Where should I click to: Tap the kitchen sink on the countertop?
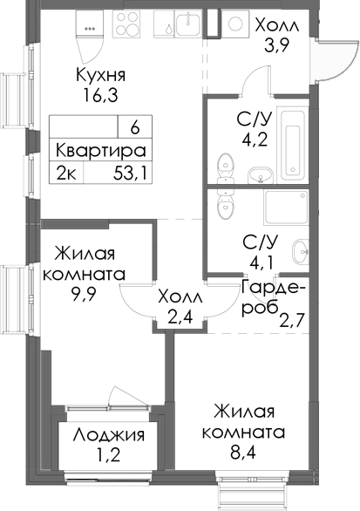point(187,27)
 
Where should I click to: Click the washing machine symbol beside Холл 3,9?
point(234,26)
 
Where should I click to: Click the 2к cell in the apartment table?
point(66,172)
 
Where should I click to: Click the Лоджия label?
point(109,435)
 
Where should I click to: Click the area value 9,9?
point(84,293)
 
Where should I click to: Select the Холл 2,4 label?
point(180,307)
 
